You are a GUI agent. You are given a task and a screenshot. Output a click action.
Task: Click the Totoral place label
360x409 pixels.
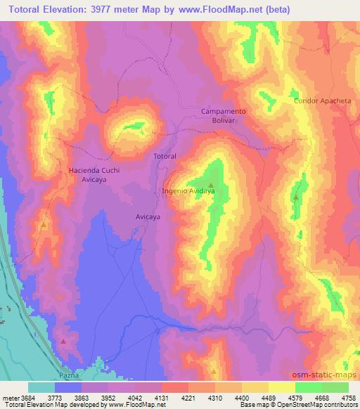point(165,155)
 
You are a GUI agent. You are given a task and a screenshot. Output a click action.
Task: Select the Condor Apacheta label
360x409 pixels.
point(322,101)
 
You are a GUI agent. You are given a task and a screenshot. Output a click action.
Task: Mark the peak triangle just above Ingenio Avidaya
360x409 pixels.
point(210,185)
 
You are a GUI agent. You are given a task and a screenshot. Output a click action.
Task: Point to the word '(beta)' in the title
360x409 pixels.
point(276,10)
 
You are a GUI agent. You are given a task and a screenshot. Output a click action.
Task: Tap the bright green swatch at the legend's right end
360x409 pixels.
point(335,387)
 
